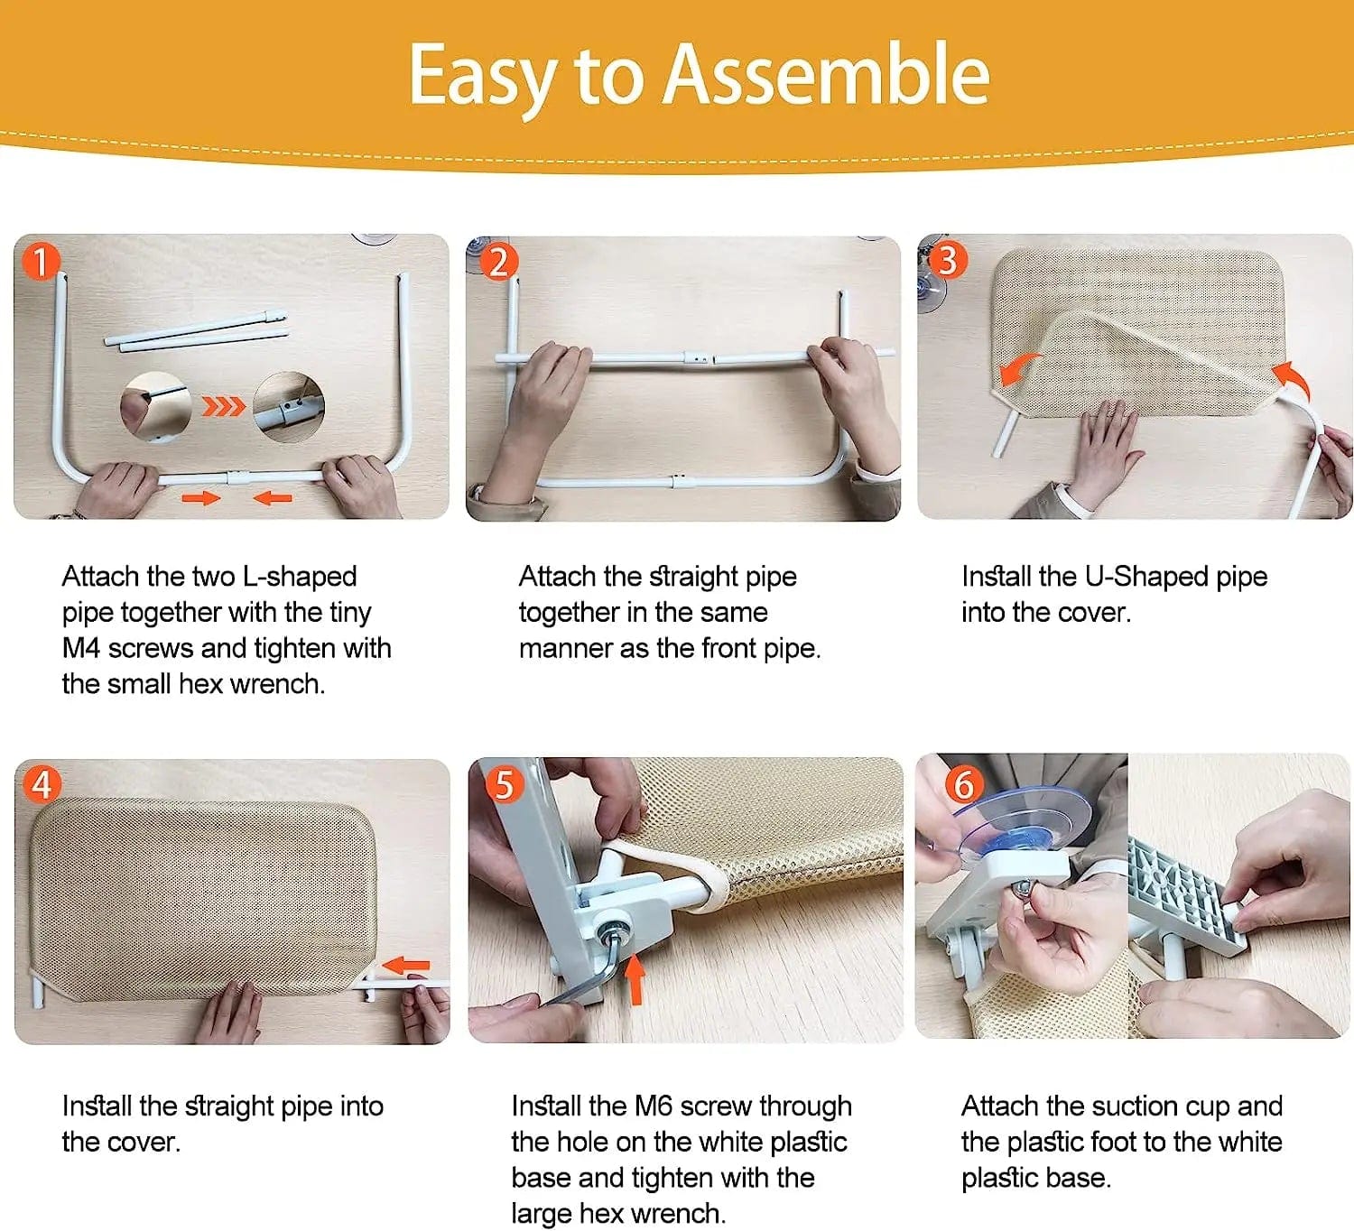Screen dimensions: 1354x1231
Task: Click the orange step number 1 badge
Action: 41,262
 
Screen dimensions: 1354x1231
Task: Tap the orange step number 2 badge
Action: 498,262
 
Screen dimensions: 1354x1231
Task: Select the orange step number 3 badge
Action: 948,261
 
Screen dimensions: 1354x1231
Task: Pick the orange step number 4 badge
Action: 42,785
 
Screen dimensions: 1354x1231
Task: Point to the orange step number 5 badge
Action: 505,785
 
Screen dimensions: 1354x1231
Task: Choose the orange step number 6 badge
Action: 963,785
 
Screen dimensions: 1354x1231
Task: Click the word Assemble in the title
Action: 826,74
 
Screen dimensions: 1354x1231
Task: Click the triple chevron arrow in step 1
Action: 224,407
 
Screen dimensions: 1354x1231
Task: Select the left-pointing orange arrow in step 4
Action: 405,965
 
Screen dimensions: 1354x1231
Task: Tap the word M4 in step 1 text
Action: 81,649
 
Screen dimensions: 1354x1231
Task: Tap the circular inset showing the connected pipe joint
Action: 289,407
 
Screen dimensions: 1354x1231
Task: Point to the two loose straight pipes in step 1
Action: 196,330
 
